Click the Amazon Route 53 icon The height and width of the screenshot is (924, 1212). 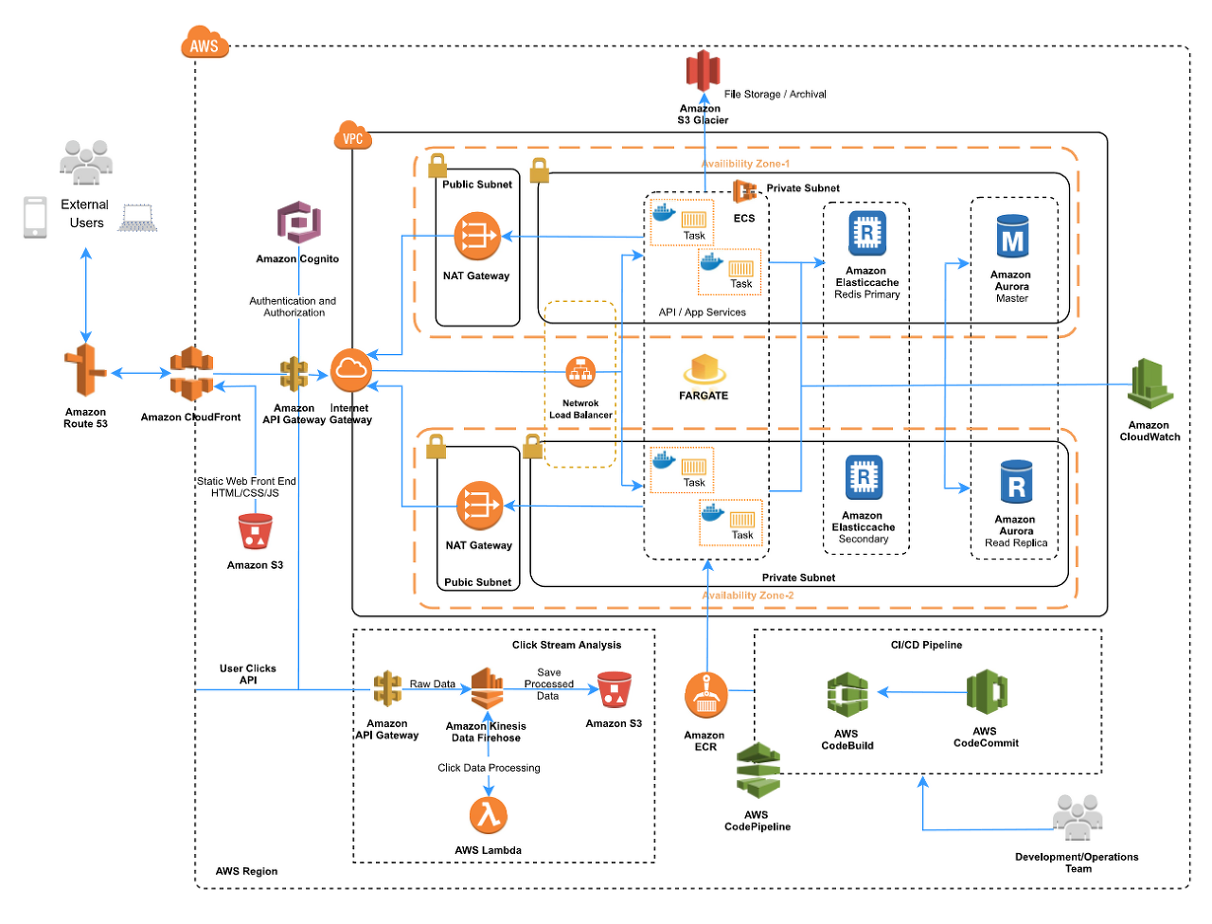coord(85,371)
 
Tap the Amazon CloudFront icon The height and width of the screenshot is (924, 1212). coord(191,374)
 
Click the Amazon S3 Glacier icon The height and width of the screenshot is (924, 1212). coord(703,71)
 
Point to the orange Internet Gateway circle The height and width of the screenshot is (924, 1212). coord(351,370)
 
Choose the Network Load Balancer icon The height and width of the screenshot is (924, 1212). coord(580,372)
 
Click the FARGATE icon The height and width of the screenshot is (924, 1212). coord(704,369)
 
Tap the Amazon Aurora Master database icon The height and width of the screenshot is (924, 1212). coord(1012,237)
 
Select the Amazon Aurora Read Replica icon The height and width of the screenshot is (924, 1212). coord(1016,482)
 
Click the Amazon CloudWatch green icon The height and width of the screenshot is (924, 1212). coord(1150,383)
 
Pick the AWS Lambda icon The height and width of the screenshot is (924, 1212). coord(488,816)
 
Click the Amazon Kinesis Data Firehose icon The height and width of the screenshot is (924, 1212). coord(487,688)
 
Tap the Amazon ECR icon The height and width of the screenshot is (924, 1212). coord(706,696)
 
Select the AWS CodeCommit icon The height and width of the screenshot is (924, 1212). coord(987,692)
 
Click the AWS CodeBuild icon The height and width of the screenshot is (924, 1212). coord(847,694)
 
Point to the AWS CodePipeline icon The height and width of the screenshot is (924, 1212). coord(758,771)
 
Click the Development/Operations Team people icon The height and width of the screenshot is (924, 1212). coord(1077,817)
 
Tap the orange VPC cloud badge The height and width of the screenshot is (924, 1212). coord(353,135)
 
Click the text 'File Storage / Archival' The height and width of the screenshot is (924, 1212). coord(775,95)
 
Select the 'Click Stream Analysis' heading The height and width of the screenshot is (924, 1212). coord(566,645)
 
